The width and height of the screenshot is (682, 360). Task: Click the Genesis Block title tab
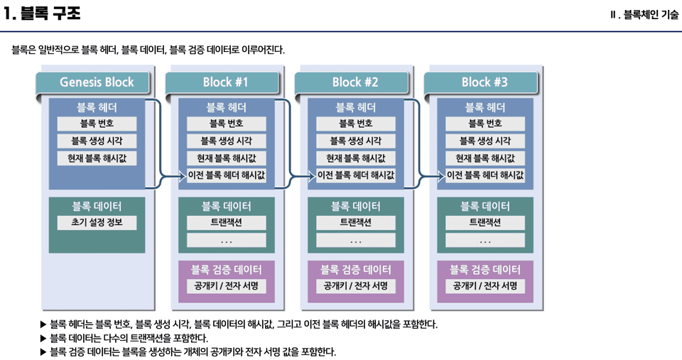pyautogui.click(x=97, y=82)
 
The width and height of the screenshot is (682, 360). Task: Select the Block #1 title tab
pyautogui.click(x=226, y=82)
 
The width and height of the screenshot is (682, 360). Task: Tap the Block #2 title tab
pyautogui.click(x=355, y=82)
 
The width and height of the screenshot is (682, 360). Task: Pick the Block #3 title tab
pyautogui.click(x=485, y=82)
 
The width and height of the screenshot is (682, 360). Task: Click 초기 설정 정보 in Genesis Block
pyautogui.click(x=97, y=223)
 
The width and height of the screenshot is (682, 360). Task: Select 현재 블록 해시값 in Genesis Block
pyautogui.click(x=97, y=158)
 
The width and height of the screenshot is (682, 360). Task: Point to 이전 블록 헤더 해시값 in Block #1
pyautogui.click(x=226, y=175)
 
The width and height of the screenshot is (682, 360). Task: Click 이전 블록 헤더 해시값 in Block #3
pyautogui.click(x=485, y=175)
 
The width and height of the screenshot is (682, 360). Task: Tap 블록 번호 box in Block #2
pyautogui.click(x=355, y=124)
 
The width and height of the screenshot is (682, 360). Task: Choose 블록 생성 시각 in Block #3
pyautogui.click(x=485, y=141)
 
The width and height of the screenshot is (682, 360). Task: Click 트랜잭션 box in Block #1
pyautogui.click(x=226, y=223)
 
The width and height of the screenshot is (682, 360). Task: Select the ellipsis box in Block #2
pyautogui.click(x=355, y=241)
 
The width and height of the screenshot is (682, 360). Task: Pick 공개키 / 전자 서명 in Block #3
pyautogui.click(x=485, y=286)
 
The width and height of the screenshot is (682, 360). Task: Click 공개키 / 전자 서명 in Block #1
pyautogui.click(x=226, y=286)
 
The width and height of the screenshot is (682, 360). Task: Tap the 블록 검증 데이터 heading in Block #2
pyautogui.click(x=355, y=270)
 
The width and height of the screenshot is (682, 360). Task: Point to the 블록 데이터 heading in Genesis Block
pyautogui.click(x=97, y=207)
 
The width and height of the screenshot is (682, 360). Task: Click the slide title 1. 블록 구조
pyautogui.click(x=42, y=13)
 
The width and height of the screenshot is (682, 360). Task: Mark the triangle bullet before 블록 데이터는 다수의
pyautogui.click(x=44, y=338)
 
